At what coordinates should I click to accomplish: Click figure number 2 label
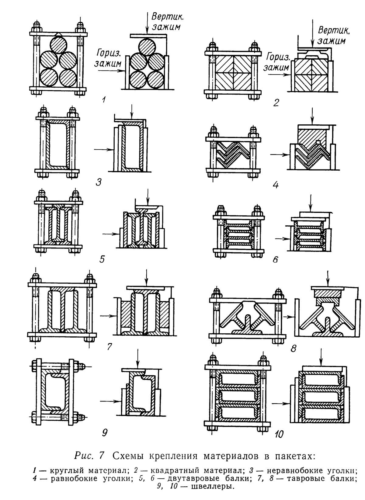276,103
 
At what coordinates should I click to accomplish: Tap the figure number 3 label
98,182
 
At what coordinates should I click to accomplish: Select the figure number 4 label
276,185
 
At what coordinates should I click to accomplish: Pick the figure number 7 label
110,346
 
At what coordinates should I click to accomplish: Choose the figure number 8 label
293,348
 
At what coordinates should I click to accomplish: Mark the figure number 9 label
104,432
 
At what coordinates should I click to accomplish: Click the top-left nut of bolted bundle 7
34,278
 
